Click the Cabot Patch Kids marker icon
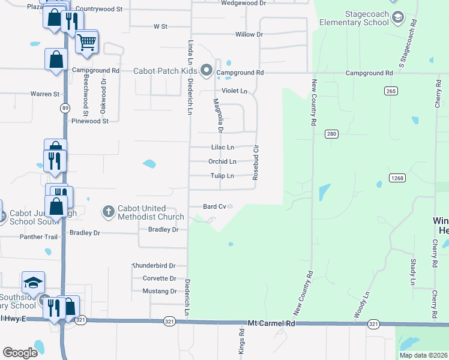click(x=207, y=71)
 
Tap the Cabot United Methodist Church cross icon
click(x=108, y=211)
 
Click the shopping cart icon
click(x=87, y=42)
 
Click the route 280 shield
click(x=331, y=134)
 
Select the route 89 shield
click(x=64, y=107)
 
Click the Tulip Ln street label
click(x=221, y=176)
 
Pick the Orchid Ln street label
click(x=222, y=161)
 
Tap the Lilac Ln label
click(x=222, y=147)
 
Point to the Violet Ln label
click(x=235, y=91)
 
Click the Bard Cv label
click(x=214, y=206)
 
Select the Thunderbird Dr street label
click(x=154, y=265)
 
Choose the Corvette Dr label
click(x=159, y=278)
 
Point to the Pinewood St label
click(x=89, y=121)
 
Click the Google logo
click(x=20, y=353)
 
